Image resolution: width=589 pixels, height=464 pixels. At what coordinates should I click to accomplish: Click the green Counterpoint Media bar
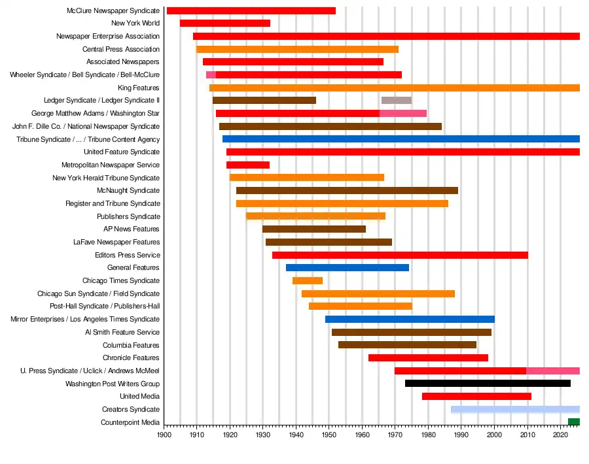pos(573,422)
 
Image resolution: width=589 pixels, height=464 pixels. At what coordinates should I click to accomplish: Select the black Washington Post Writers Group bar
pos(488,384)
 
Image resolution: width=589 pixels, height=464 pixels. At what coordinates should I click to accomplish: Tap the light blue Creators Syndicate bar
pos(515,410)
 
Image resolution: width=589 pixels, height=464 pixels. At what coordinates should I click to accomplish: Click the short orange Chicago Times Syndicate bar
pos(308,281)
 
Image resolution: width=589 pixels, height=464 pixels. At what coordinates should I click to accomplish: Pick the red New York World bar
pos(225,24)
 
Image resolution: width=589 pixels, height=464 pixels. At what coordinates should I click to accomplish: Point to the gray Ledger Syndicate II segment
pos(397,101)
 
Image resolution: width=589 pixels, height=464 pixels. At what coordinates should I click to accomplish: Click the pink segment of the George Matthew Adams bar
pos(403,114)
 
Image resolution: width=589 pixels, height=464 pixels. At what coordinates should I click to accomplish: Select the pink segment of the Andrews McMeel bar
pos(553,371)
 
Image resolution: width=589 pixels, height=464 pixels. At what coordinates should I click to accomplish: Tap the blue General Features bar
pos(348,268)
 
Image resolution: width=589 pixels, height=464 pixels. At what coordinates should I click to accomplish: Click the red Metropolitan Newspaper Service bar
pos(248,165)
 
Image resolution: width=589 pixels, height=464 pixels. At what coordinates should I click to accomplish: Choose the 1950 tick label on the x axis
pos(329,434)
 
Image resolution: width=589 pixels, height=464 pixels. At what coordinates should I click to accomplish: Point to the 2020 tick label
pos(560,434)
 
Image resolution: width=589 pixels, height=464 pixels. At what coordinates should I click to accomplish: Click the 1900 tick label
pos(164,434)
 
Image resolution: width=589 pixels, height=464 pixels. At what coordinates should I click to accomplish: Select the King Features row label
pos(139,88)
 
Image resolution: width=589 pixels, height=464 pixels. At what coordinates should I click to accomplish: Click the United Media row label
pos(139,397)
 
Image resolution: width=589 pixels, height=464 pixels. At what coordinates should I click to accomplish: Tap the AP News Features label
pos(132,229)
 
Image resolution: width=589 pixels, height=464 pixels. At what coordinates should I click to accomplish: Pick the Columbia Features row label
pos(131,345)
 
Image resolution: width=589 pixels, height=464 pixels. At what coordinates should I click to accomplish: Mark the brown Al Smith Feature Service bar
pos(412,333)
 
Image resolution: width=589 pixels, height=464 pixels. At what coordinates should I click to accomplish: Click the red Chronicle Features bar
pos(428,358)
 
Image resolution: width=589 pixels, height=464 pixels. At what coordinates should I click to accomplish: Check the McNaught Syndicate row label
pos(128,191)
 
